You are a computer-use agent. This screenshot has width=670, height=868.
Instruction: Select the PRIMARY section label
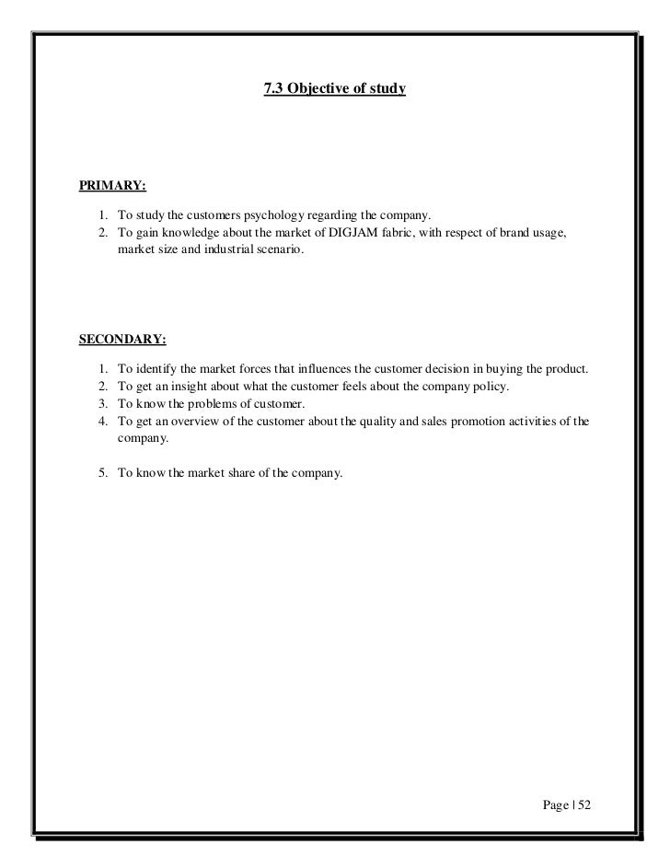click(x=112, y=186)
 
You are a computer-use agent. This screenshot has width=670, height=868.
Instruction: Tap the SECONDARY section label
click(x=122, y=339)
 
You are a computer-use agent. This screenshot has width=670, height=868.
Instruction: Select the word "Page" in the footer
click(x=556, y=804)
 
